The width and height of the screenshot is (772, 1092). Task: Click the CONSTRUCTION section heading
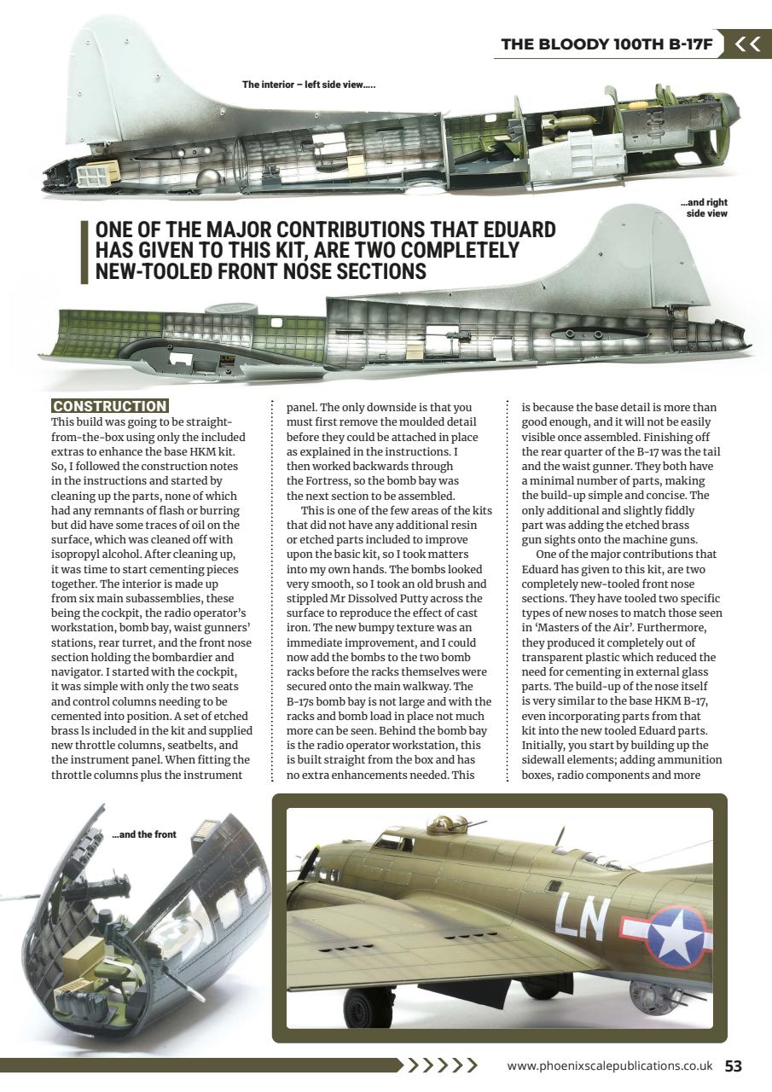pyautogui.click(x=109, y=406)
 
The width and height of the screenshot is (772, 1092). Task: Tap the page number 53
pyautogui.click(x=733, y=1066)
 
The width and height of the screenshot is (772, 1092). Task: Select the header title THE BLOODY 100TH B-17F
pyautogui.click(x=607, y=44)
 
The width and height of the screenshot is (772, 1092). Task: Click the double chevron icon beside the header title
pyautogui.click(x=747, y=44)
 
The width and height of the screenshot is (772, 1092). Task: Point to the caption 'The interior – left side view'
pyautogui.click(x=309, y=84)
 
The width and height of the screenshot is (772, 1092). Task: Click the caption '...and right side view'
pyautogui.click(x=705, y=208)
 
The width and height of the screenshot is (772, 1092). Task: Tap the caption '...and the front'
pyautogui.click(x=144, y=834)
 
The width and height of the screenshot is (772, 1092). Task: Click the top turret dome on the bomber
pyautogui.click(x=449, y=823)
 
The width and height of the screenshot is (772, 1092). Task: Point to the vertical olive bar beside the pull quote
pyautogui.click(x=84, y=252)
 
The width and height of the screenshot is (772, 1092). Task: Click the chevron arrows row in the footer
pyautogui.click(x=440, y=1066)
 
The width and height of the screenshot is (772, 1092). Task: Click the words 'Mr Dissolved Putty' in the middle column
pyautogui.click(x=367, y=598)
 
